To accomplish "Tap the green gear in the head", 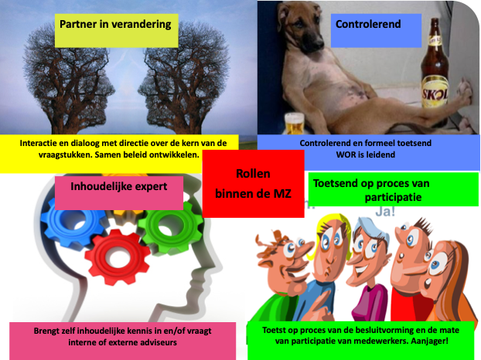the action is (x=169, y=226).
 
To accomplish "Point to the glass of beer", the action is (x=294, y=124).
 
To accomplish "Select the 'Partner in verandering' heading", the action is (x=115, y=24).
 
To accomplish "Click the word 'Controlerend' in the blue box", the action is (x=368, y=24).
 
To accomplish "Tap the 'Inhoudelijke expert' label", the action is (x=119, y=186).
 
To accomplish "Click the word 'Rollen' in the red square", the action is (x=253, y=173).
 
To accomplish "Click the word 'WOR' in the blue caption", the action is (x=346, y=155).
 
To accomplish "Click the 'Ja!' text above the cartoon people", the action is (x=385, y=212).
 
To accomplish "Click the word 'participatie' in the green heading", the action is (x=393, y=197).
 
